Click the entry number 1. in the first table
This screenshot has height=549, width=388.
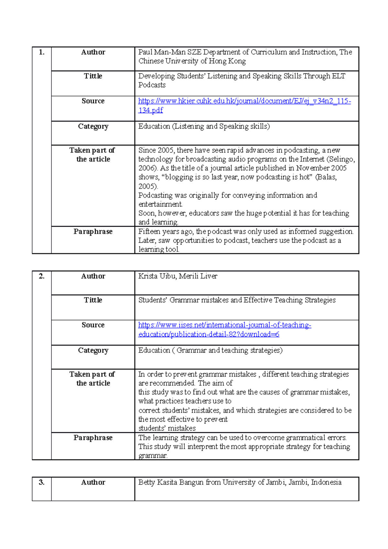(41, 52)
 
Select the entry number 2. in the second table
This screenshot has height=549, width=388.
(41, 276)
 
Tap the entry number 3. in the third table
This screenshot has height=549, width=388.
(41, 482)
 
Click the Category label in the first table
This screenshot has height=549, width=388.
(93, 126)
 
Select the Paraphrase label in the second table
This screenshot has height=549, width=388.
(93, 438)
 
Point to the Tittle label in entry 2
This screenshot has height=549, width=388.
(93, 300)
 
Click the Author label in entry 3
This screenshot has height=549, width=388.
(93, 482)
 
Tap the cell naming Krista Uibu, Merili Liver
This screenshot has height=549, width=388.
(178, 276)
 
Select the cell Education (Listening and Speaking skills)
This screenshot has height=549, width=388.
(204, 126)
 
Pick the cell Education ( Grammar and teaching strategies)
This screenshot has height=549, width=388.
(210, 350)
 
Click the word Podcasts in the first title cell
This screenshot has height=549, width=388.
(152, 85)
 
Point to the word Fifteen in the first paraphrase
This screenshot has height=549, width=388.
(149, 232)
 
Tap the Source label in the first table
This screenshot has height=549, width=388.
(93, 101)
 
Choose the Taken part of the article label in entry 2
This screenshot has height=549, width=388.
(92, 379)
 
